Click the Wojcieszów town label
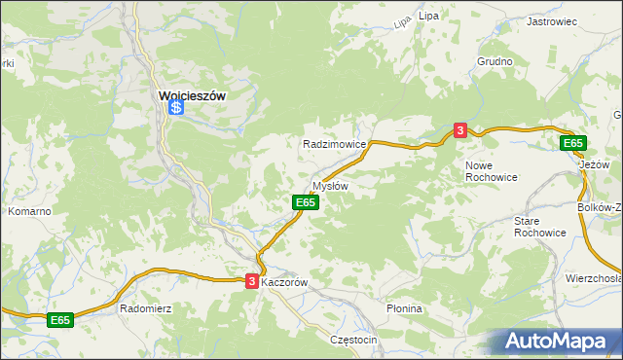coord(192,95)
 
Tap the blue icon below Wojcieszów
coord(176,108)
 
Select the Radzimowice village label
coord(334,143)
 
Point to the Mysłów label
coord(329,185)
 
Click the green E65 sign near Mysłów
coord(305,201)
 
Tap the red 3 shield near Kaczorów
coord(252,281)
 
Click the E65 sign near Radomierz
coord(60,319)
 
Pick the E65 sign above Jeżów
coord(573,143)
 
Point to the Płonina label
coord(403,308)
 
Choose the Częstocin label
coord(353,340)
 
